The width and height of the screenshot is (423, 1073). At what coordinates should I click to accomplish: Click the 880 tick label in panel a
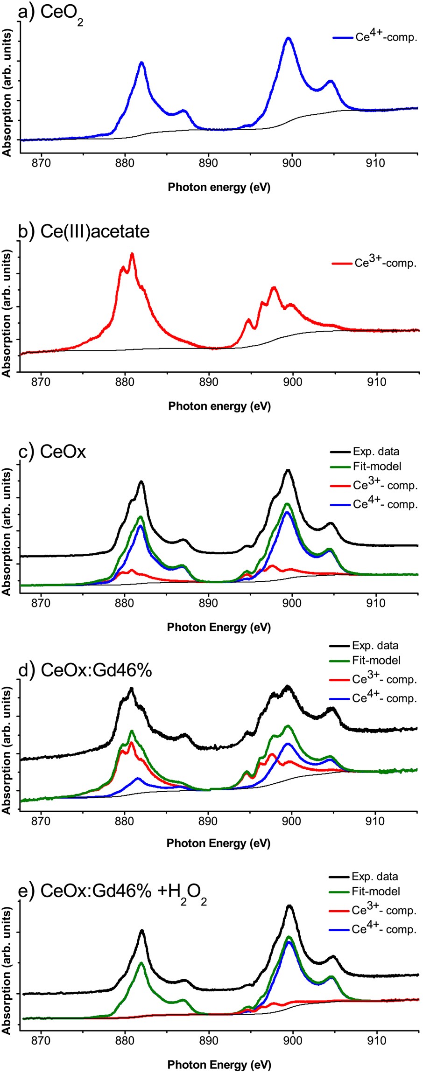(125, 163)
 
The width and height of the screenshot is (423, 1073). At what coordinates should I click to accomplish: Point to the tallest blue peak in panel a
(289, 38)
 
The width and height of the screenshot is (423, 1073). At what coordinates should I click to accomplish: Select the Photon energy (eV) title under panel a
(219, 188)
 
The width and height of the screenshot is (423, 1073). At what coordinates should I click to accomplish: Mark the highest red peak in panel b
(132, 254)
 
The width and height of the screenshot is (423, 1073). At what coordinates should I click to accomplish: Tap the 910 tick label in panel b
(376, 382)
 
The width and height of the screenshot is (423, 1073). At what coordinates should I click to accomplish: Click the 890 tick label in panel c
(208, 603)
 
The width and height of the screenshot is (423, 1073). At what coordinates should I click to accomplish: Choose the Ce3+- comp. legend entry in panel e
(384, 911)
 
